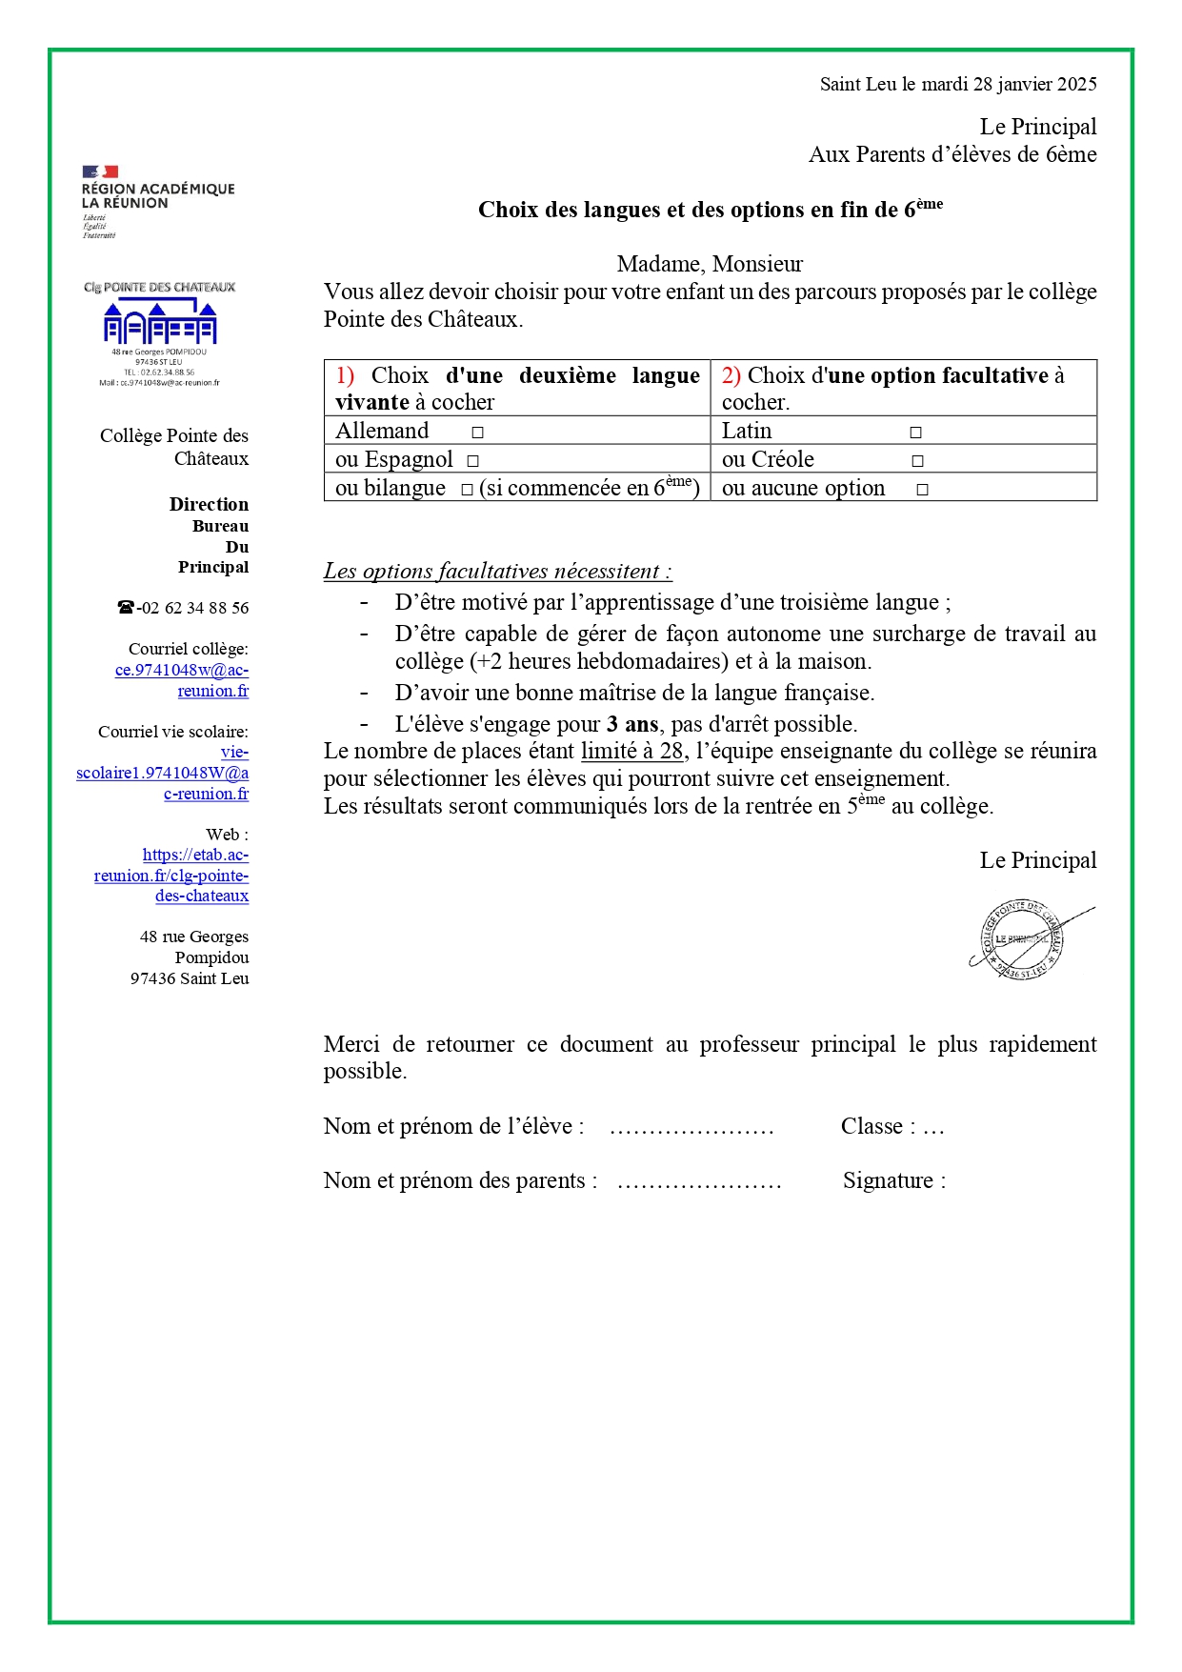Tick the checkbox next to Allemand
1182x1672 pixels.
click(x=477, y=433)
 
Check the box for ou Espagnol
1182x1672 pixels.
click(x=472, y=461)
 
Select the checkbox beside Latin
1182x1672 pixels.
click(x=915, y=433)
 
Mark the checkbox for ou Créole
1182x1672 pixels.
click(x=917, y=461)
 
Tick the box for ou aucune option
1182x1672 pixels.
click(x=922, y=490)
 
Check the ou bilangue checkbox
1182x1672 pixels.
click(x=467, y=490)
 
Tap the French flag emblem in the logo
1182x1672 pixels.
click(x=100, y=171)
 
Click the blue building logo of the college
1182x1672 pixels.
click(x=160, y=323)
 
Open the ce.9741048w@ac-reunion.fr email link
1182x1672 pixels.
click(x=182, y=680)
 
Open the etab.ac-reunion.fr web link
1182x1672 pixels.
click(x=172, y=876)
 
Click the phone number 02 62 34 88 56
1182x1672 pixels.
click(x=193, y=608)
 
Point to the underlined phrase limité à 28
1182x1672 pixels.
click(x=632, y=752)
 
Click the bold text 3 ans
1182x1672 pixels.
click(x=632, y=724)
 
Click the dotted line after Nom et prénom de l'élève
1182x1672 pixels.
click(x=691, y=1129)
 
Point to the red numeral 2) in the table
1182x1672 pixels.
click(x=731, y=376)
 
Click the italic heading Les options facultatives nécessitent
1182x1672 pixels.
click(x=497, y=572)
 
